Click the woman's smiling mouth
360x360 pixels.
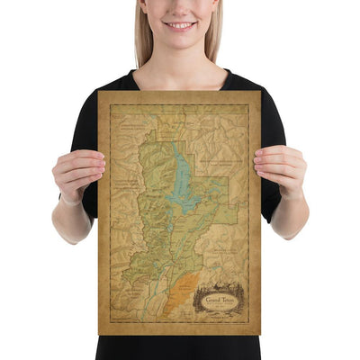180,24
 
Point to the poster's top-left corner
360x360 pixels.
99,92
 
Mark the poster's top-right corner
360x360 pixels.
261,92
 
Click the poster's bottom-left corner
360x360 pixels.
99,335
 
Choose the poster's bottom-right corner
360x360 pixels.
261,335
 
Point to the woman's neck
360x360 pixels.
180,61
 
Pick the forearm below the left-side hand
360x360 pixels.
72,220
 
